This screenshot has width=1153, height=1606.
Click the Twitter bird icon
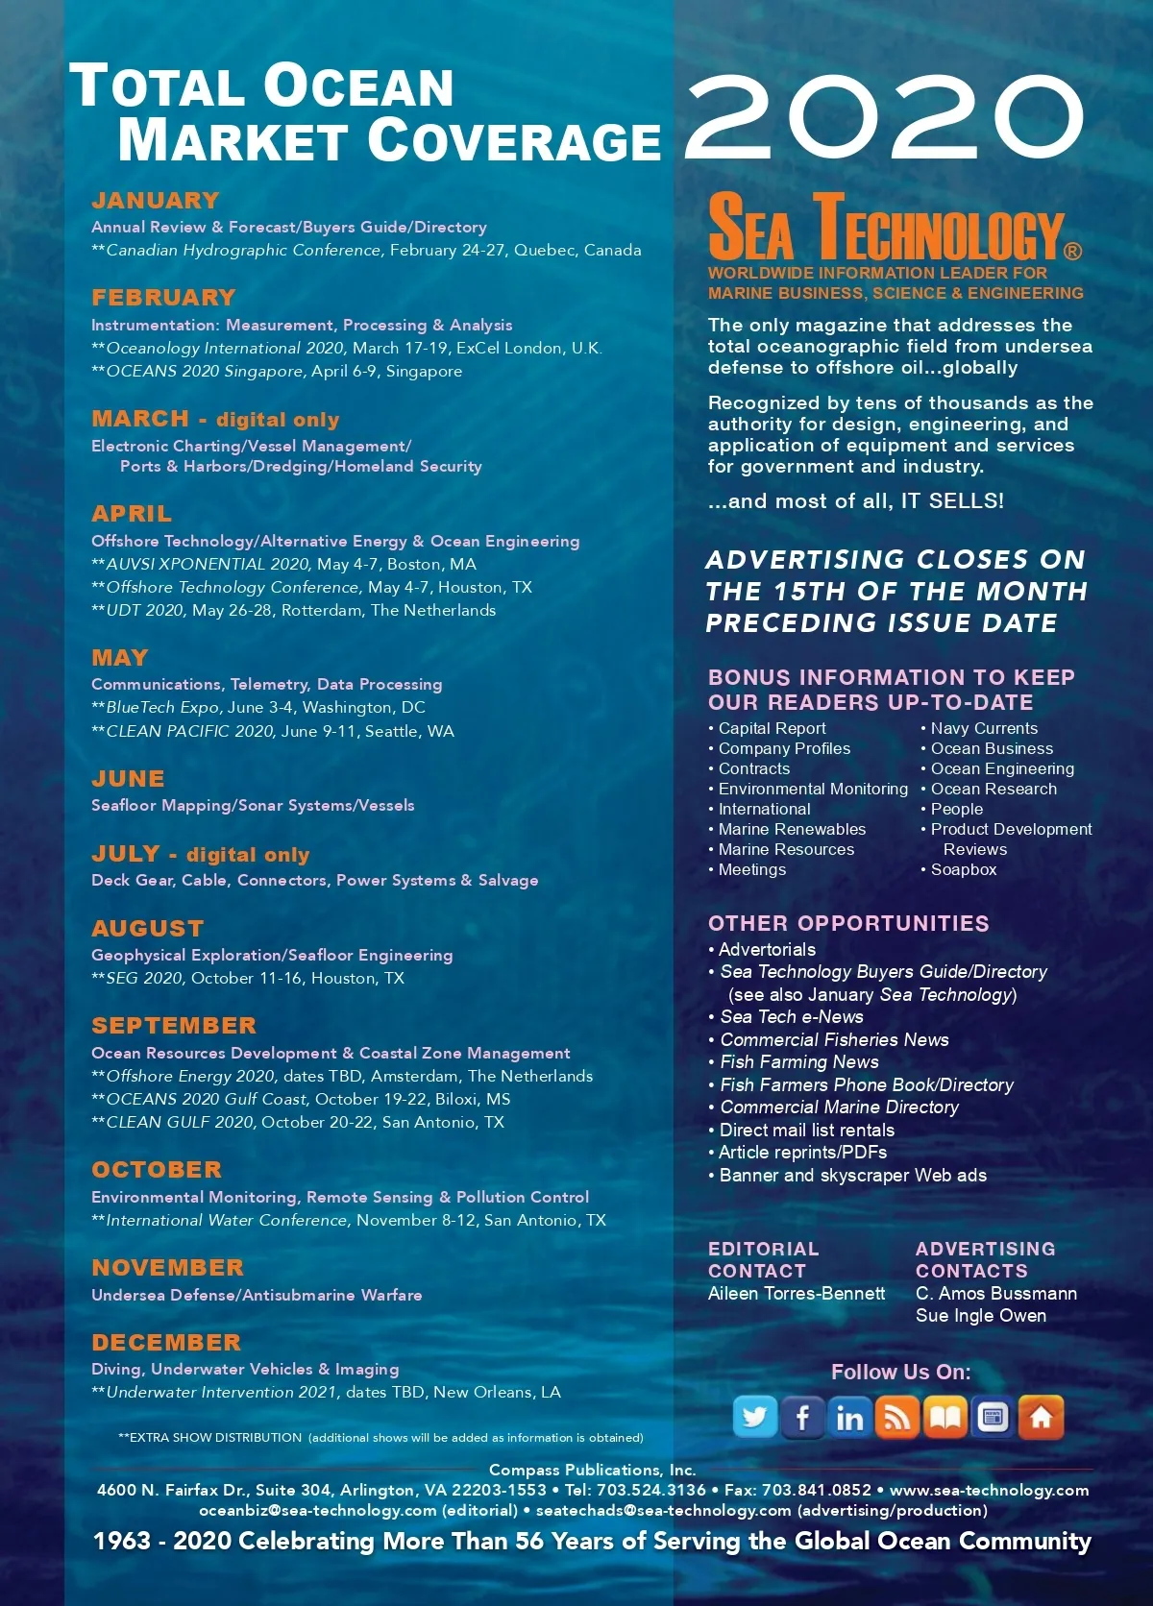coord(755,1418)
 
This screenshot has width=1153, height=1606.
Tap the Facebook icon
coord(802,1418)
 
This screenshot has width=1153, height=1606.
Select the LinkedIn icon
coord(849,1418)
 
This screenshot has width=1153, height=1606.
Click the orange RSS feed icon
coord(897,1418)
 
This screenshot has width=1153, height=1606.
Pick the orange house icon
coord(1041,1418)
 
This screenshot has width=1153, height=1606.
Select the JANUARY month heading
coord(156,201)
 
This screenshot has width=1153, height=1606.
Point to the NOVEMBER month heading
coord(168,1268)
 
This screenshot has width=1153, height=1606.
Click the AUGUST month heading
coord(148,929)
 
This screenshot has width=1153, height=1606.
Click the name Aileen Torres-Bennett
coord(797,1294)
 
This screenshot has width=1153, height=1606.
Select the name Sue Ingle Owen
coord(981,1316)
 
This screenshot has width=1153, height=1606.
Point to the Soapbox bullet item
coord(963,870)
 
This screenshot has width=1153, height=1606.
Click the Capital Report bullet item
coord(772,729)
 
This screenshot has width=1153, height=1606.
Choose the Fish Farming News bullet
coord(798,1062)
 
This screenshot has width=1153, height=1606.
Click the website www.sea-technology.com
coord(989,1491)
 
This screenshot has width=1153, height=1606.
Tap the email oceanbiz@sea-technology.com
coord(318,1510)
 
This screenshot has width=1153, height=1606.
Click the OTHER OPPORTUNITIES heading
coord(848,924)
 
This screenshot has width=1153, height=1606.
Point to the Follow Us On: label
coord(900,1373)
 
